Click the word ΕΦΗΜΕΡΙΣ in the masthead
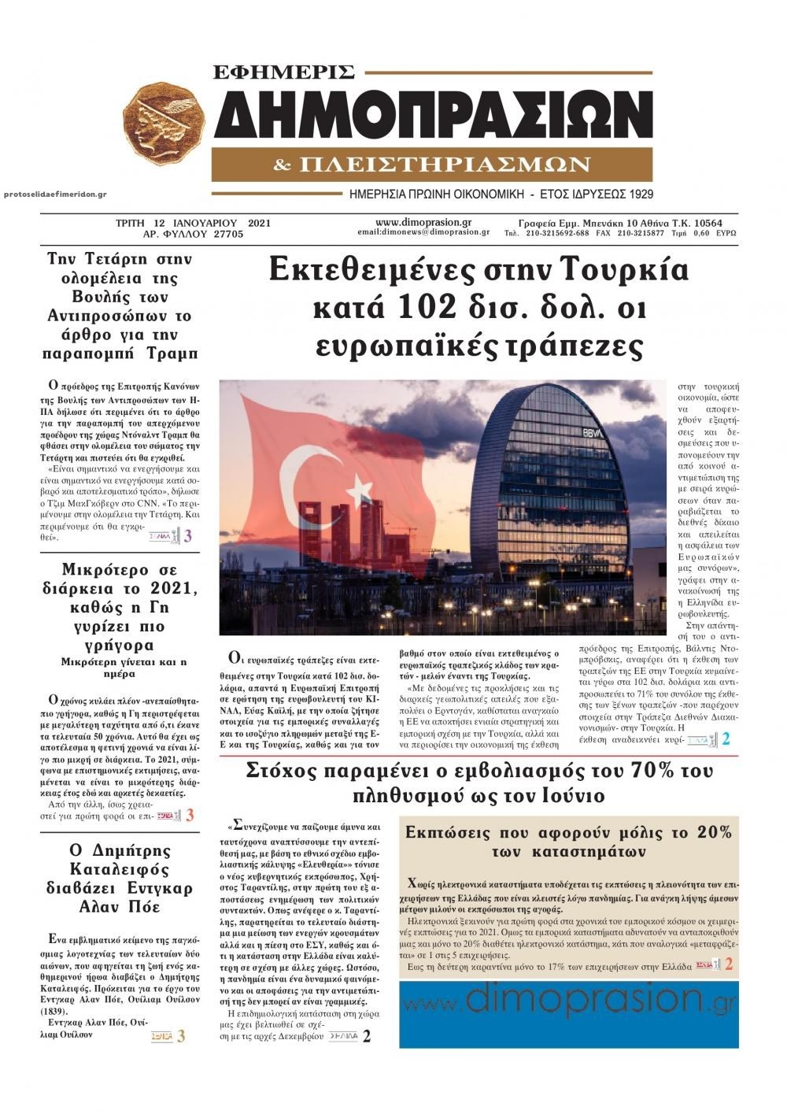point(285,72)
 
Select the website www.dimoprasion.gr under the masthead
point(423,222)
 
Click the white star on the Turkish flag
point(359,487)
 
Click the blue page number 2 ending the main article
point(726,739)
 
